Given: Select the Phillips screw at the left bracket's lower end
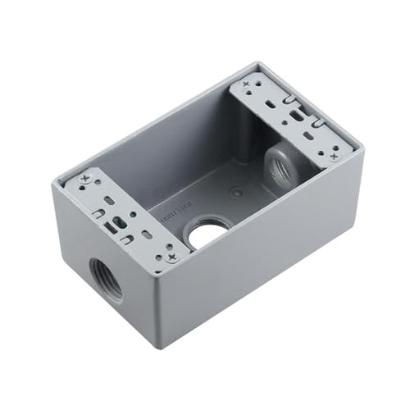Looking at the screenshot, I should [x=171, y=257].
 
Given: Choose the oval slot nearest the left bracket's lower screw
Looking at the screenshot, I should [x=148, y=236].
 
